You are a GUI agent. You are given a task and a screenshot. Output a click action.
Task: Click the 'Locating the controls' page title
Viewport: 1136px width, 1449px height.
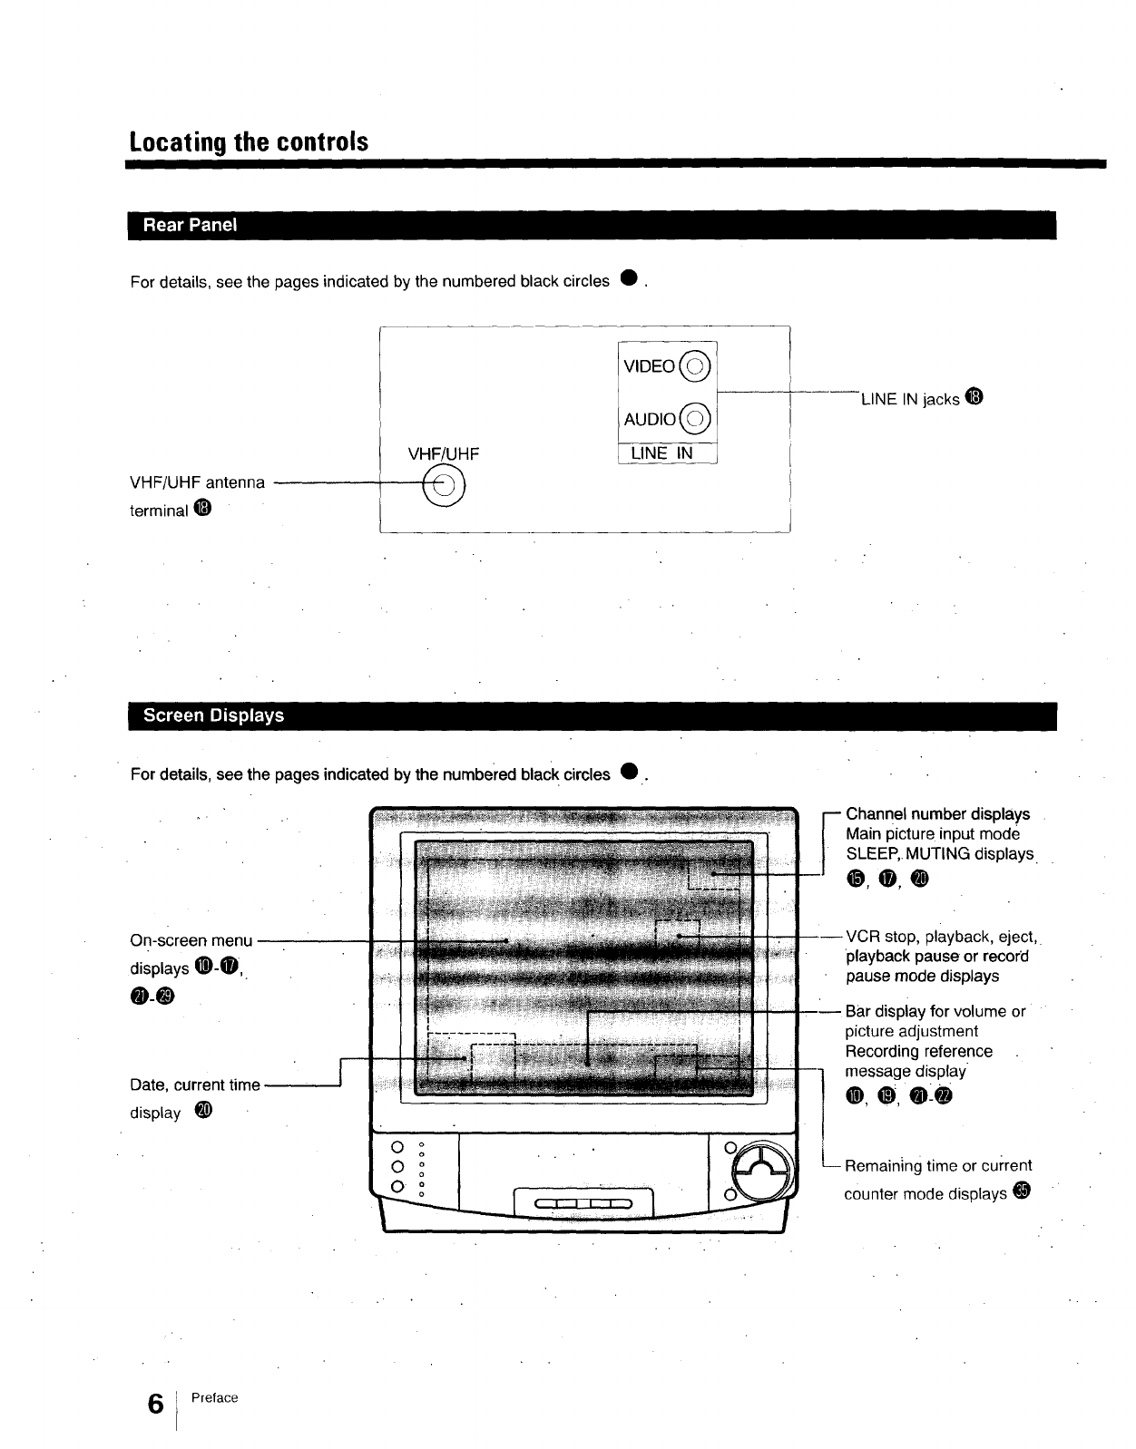[249, 142]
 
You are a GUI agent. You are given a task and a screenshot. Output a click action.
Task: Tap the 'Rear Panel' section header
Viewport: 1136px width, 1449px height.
[190, 225]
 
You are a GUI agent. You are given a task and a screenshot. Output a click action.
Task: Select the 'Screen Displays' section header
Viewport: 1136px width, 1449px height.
[213, 715]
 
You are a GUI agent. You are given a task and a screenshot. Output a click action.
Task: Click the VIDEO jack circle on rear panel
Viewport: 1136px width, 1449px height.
[694, 366]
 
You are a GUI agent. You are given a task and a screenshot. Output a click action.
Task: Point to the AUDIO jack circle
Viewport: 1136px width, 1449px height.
[694, 418]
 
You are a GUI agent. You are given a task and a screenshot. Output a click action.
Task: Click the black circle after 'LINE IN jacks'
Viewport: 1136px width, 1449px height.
[974, 397]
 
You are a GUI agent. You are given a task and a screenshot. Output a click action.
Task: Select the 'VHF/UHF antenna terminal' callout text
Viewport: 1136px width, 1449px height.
[198, 495]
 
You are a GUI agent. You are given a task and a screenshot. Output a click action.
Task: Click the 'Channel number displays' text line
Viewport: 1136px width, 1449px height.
[937, 814]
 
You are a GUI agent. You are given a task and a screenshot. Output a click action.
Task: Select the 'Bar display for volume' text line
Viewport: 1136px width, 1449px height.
[935, 1011]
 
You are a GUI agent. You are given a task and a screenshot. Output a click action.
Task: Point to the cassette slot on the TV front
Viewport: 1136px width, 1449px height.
[583, 1203]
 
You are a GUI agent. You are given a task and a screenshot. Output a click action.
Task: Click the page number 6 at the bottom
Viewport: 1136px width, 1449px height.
[156, 1404]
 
